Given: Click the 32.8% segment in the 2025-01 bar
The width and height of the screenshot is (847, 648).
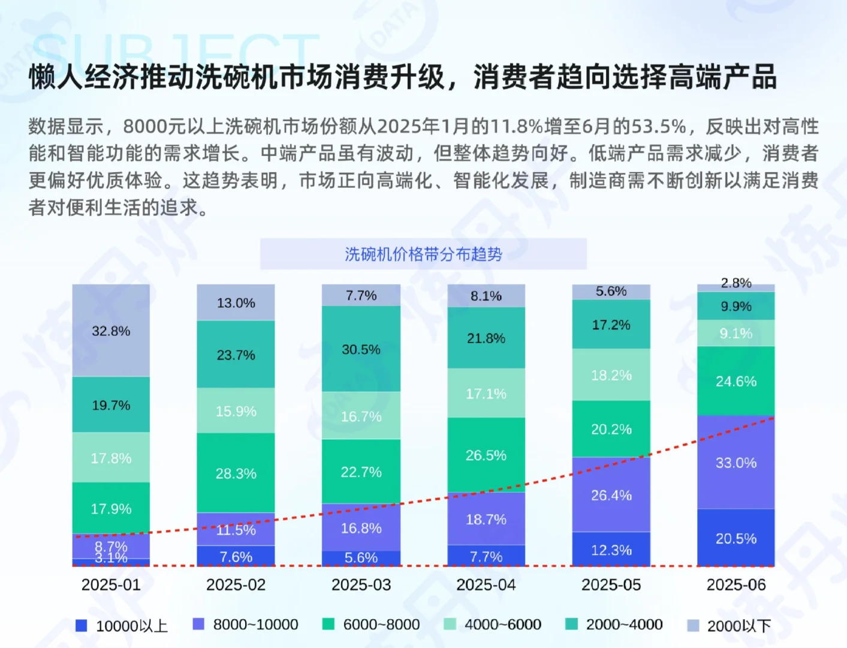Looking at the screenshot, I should (111, 331).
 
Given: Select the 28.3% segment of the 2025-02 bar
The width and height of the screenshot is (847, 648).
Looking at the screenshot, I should (236, 473).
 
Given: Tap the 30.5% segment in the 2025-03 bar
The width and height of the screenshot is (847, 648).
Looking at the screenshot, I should (361, 349).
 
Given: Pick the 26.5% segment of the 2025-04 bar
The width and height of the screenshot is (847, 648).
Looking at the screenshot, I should (486, 455).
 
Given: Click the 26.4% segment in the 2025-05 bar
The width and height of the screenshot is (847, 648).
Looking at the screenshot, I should (611, 495).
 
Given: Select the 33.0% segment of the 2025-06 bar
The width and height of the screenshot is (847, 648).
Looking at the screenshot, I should (736, 463).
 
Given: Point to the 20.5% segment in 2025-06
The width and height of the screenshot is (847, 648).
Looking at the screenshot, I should (736, 538).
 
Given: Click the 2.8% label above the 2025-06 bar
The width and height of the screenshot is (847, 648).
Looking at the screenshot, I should (736, 283).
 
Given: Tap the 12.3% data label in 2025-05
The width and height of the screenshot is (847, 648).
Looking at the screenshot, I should (611, 550).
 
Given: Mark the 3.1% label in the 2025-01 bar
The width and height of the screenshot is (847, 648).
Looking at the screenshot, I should (111, 559).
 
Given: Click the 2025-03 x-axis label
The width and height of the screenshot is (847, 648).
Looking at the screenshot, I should (361, 584).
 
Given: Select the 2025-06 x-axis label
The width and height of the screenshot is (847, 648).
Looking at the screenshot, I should (736, 584).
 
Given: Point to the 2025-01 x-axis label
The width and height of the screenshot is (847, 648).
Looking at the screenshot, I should (111, 584).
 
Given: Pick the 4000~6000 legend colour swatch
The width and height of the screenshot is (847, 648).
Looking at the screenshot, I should (450, 625).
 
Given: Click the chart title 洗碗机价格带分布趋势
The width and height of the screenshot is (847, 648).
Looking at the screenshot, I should (423, 254).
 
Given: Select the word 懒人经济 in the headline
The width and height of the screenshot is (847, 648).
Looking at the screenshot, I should (84, 77).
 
